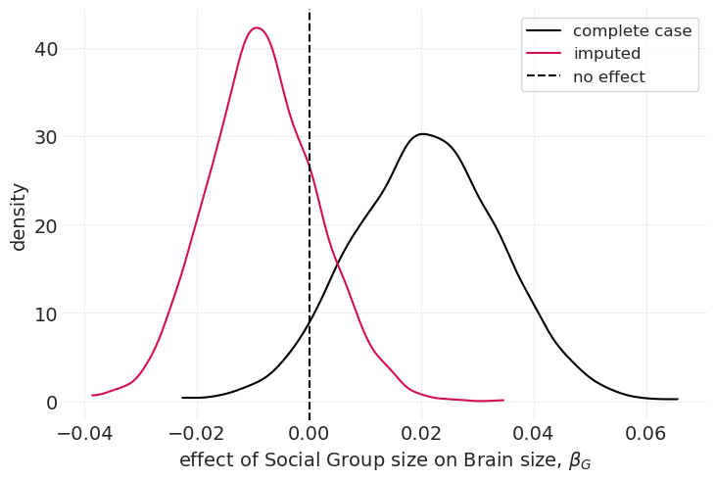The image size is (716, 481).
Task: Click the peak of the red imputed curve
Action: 257,27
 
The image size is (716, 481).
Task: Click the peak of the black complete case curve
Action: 422,133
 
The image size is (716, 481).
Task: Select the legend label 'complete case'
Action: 632,30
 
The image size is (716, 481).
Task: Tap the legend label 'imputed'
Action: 606,54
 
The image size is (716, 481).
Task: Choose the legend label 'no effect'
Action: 608,77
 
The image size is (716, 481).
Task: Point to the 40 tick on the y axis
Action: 46,49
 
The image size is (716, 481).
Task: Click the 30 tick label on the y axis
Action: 46,137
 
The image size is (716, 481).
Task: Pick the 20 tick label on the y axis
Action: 46,225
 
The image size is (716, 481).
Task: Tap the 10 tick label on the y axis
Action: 46,314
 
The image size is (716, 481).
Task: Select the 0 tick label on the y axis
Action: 52,403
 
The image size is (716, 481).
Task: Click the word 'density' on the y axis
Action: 19,216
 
